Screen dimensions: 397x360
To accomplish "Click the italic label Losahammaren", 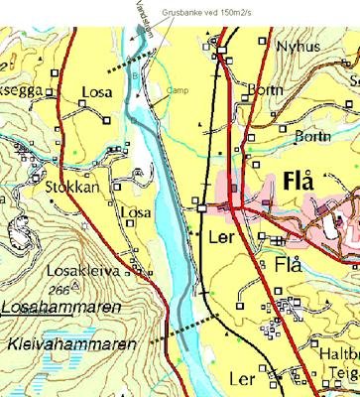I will [x=60, y=309].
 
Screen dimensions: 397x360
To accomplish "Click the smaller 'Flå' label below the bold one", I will [x=289, y=266].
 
